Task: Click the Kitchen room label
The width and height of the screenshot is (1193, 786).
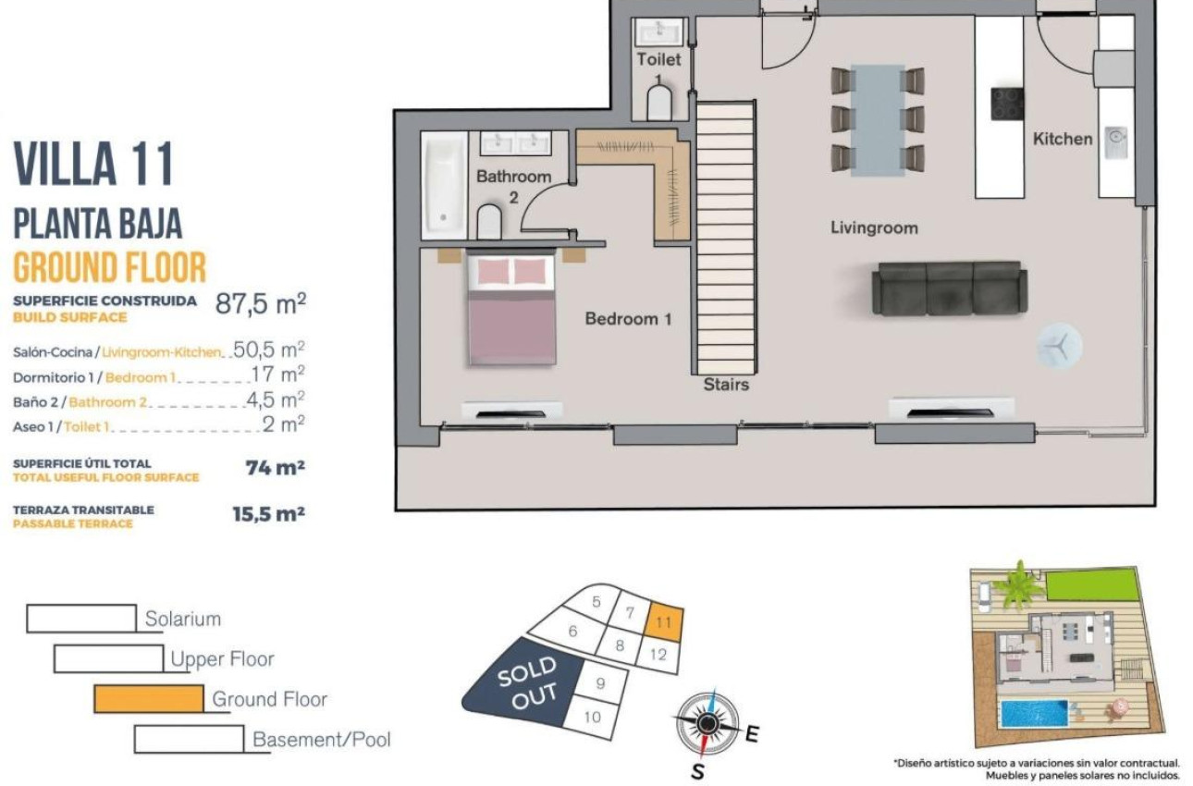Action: pos(1063,139)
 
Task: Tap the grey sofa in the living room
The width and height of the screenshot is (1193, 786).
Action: pos(948,288)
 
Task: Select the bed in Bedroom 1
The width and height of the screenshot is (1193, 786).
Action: pos(511,309)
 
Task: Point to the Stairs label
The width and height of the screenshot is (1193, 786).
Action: pos(726,384)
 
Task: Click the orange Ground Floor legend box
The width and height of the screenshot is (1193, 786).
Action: pos(149,698)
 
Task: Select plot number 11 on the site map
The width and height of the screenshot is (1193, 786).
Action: pos(664,622)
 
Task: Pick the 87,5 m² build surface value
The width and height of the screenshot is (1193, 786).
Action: pos(260,303)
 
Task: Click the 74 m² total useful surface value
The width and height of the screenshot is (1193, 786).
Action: pos(275,468)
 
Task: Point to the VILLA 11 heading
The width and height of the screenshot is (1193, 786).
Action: pos(93,165)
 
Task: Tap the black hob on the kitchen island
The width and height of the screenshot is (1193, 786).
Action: pos(1007,104)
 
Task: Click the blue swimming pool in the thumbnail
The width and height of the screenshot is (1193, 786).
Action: pos(1033,713)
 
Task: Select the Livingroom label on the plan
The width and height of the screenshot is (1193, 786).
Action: pos(874,227)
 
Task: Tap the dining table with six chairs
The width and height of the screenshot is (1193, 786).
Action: pos(877,119)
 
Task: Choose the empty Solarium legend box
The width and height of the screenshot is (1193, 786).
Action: pos(81,619)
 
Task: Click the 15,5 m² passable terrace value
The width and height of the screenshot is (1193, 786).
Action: pos(268,514)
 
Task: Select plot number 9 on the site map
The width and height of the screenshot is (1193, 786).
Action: pos(600,683)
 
